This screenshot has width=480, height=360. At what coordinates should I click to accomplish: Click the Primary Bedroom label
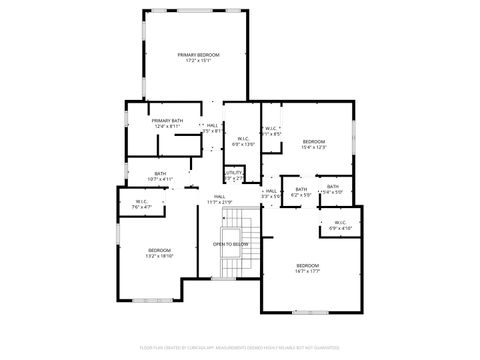tap(198, 54)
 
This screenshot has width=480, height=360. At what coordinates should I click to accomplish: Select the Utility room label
tap(234, 174)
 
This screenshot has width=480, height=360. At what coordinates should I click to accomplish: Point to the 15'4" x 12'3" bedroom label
tap(315, 144)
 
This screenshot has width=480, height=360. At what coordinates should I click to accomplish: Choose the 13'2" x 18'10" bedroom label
tap(160, 252)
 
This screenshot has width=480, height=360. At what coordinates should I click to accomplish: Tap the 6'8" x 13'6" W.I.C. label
tap(243, 142)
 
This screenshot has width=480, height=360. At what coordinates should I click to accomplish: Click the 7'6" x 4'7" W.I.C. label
tap(142, 204)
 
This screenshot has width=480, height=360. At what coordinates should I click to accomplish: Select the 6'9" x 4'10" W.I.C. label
tap(340, 225)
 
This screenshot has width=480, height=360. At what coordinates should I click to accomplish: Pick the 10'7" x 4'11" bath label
tap(160, 176)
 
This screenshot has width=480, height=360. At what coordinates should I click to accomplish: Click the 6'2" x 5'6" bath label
tap(301, 192)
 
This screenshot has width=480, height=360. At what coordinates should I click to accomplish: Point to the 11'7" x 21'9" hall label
tap(219, 199)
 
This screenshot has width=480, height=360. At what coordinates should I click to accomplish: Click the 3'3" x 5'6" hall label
tap(270, 193)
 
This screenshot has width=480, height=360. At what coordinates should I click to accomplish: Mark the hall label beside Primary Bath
tap(212, 127)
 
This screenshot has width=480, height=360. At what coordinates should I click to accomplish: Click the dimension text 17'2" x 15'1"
tap(198, 60)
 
